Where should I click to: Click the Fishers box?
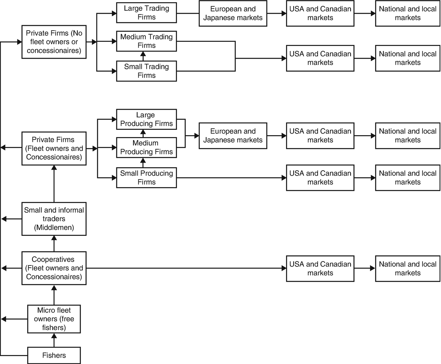[54, 355]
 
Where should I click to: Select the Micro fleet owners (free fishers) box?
[54, 319]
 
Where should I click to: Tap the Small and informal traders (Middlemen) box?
[54, 219]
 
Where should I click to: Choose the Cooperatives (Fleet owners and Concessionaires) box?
[54, 268]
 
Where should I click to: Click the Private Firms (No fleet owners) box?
[54, 42]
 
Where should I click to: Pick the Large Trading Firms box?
[146, 13]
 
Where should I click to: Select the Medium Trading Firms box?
[146, 41]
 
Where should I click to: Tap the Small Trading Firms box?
[146, 71]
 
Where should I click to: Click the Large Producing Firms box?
[146, 119]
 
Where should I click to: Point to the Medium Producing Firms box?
[146, 147]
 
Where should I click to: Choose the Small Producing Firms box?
[146, 178]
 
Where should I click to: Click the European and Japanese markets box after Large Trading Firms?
[233, 13]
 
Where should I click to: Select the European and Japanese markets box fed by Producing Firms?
[233, 136]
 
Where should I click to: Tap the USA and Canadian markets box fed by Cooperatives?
[320, 268]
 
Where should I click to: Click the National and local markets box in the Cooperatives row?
[408, 268]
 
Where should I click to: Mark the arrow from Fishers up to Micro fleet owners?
[54, 340]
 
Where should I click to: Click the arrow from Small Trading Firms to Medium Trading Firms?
[143, 56]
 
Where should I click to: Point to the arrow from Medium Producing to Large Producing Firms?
[143, 133]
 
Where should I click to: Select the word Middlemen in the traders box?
[54, 228]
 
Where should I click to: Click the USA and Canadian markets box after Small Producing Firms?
[320, 178]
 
